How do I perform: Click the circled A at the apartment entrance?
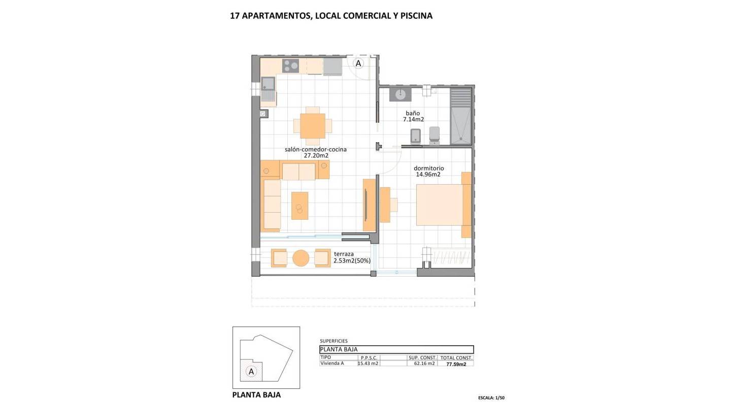(x=358, y=63)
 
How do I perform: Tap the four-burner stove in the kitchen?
(x=290, y=65)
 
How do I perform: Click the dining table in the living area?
(x=312, y=125)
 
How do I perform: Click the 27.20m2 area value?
(x=316, y=156)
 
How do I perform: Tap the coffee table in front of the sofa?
(x=300, y=206)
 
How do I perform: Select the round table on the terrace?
(x=301, y=258)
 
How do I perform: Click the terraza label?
(x=344, y=254)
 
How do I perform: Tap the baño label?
(x=413, y=113)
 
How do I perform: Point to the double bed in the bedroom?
(x=440, y=205)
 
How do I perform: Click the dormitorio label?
(x=429, y=168)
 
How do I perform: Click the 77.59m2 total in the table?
(x=456, y=364)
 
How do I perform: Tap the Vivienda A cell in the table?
(x=332, y=363)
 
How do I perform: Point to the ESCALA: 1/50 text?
(x=491, y=398)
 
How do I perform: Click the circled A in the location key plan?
(x=251, y=371)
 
